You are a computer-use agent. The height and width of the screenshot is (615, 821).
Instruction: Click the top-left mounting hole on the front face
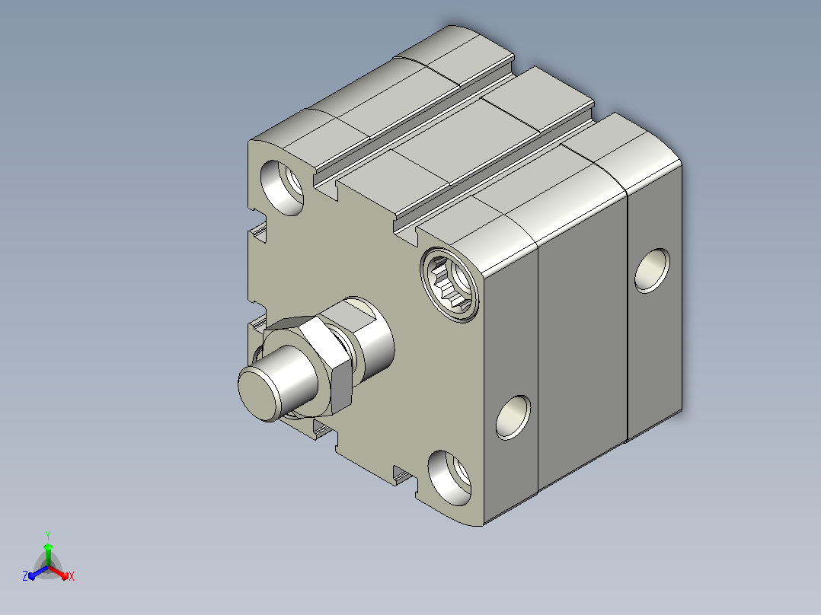pos(282,187)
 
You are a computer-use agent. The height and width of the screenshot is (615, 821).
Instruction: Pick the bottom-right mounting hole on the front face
pos(449,478)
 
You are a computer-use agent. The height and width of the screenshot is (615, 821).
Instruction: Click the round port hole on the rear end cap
pos(652,271)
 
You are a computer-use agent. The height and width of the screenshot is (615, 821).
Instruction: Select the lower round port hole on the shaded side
pos(513,417)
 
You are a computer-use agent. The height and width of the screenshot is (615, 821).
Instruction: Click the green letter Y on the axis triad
pos(48,535)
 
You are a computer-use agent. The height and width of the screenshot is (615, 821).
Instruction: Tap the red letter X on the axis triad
pos(72,576)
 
